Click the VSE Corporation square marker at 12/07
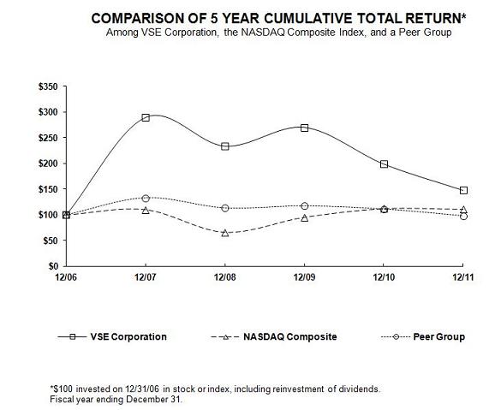tap(146, 117)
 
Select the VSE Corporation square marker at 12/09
tap(304, 128)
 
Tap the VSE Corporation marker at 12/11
tap(463, 190)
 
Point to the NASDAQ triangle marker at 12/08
tap(225, 233)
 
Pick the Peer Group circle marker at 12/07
tap(146, 199)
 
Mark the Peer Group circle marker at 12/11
tap(463, 217)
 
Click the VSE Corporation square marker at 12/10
tap(384, 163)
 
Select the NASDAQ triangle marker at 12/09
tap(304, 217)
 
